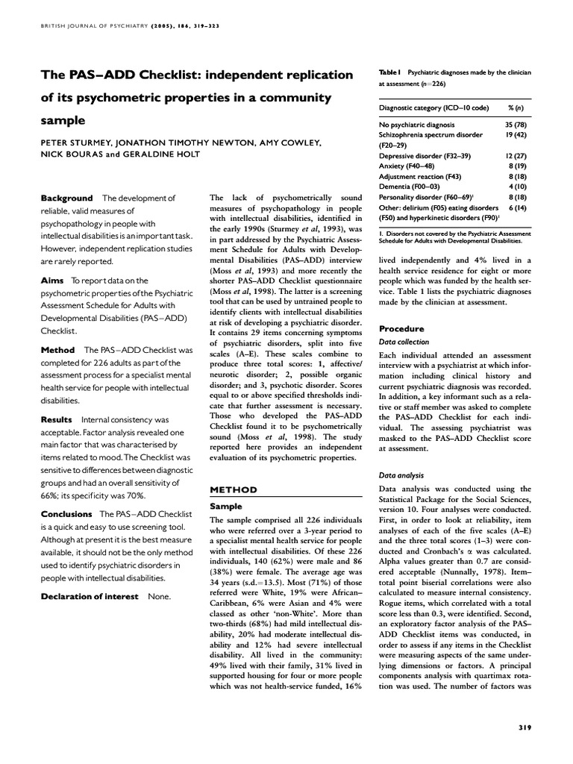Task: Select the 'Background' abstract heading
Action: [x=66, y=198]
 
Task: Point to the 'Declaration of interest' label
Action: [x=89, y=596]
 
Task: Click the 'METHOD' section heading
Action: [x=234, y=489]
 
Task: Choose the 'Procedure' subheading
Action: [x=401, y=328]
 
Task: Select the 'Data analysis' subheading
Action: [x=401, y=475]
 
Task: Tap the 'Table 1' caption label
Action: [x=389, y=72]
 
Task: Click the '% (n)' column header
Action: [x=513, y=108]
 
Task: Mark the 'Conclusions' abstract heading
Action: [x=66, y=514]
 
